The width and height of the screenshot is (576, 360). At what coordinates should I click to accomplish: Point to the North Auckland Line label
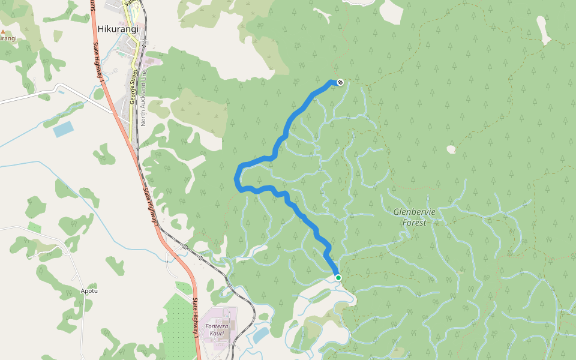coord(143,103)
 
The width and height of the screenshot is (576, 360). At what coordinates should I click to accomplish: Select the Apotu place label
coord(89,291)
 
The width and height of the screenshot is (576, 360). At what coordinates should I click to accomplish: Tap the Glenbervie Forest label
coord(414,217)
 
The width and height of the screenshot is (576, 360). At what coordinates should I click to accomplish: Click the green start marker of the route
coord(338,278)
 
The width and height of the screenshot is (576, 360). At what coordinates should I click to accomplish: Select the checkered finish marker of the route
coord(340,82)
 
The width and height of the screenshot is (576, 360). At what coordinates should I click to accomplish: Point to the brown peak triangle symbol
coord(2,31)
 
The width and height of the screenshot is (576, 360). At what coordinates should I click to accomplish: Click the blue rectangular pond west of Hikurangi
coord(63,129)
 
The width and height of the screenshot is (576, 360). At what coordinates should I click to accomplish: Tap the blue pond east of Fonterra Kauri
coord(260,335)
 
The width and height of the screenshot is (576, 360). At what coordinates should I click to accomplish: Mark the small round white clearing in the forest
coord(451,149)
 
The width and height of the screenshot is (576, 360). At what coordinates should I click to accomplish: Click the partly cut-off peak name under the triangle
coord(7,38)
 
